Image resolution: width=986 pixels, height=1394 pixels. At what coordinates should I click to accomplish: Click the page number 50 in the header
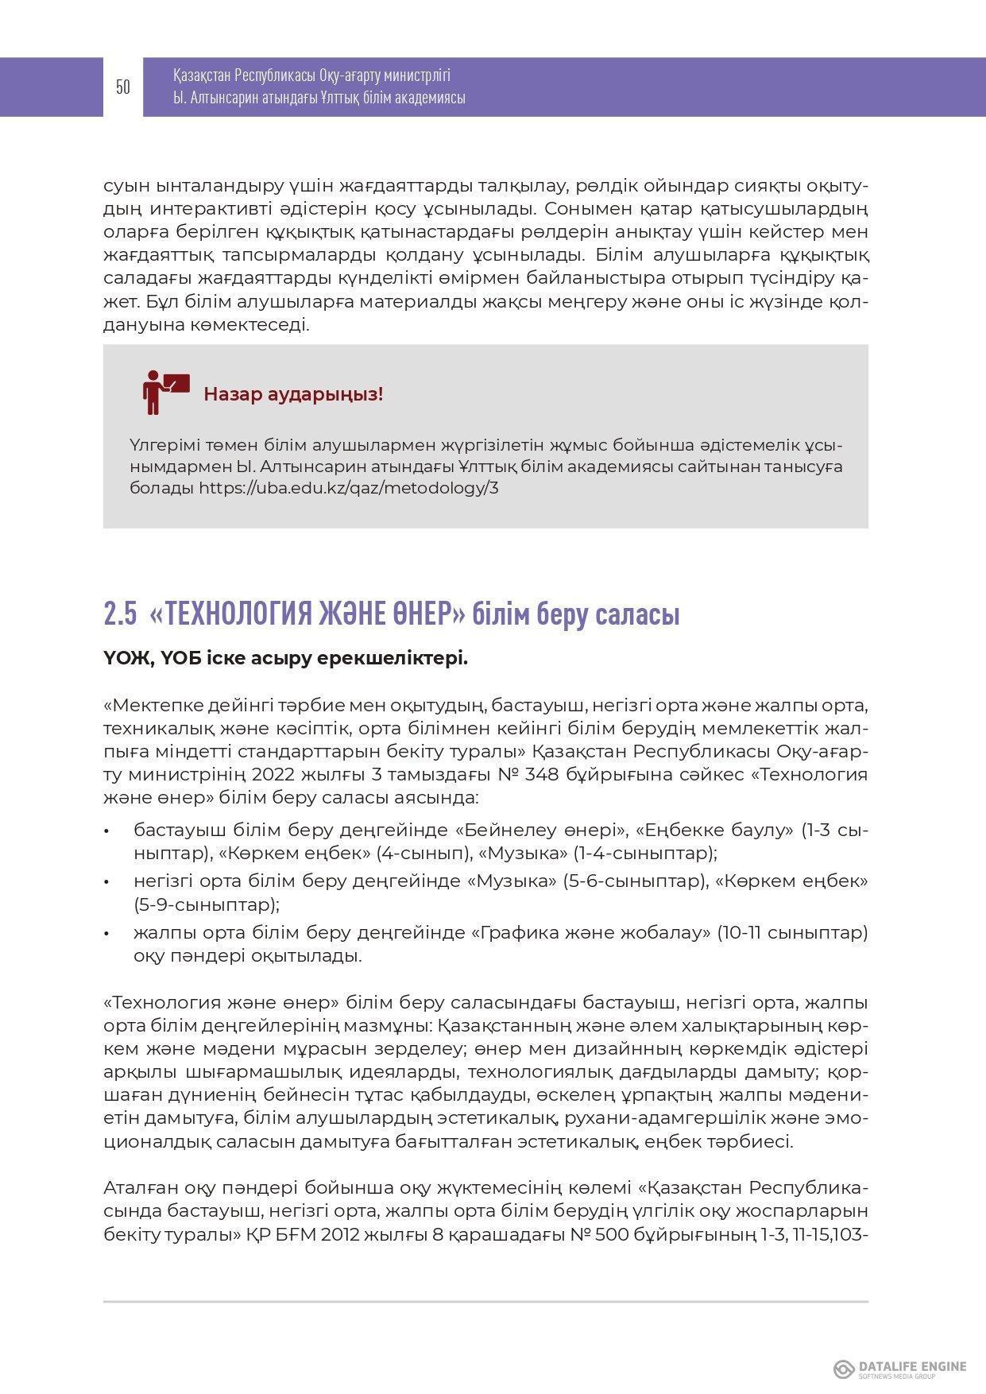122,87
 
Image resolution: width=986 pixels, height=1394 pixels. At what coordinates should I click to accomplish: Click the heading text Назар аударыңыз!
293,394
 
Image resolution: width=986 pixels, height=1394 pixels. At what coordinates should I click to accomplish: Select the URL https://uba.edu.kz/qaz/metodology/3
348,488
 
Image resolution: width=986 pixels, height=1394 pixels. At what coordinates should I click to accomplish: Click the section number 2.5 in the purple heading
119,614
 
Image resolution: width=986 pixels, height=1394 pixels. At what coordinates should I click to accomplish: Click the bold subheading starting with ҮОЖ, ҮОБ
285,659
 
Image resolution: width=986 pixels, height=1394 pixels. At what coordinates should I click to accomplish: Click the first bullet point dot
106,831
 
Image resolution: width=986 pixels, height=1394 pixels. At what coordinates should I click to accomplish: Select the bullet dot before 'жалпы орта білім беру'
106,933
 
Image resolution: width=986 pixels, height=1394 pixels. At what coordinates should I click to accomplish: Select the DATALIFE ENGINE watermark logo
899,1369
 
